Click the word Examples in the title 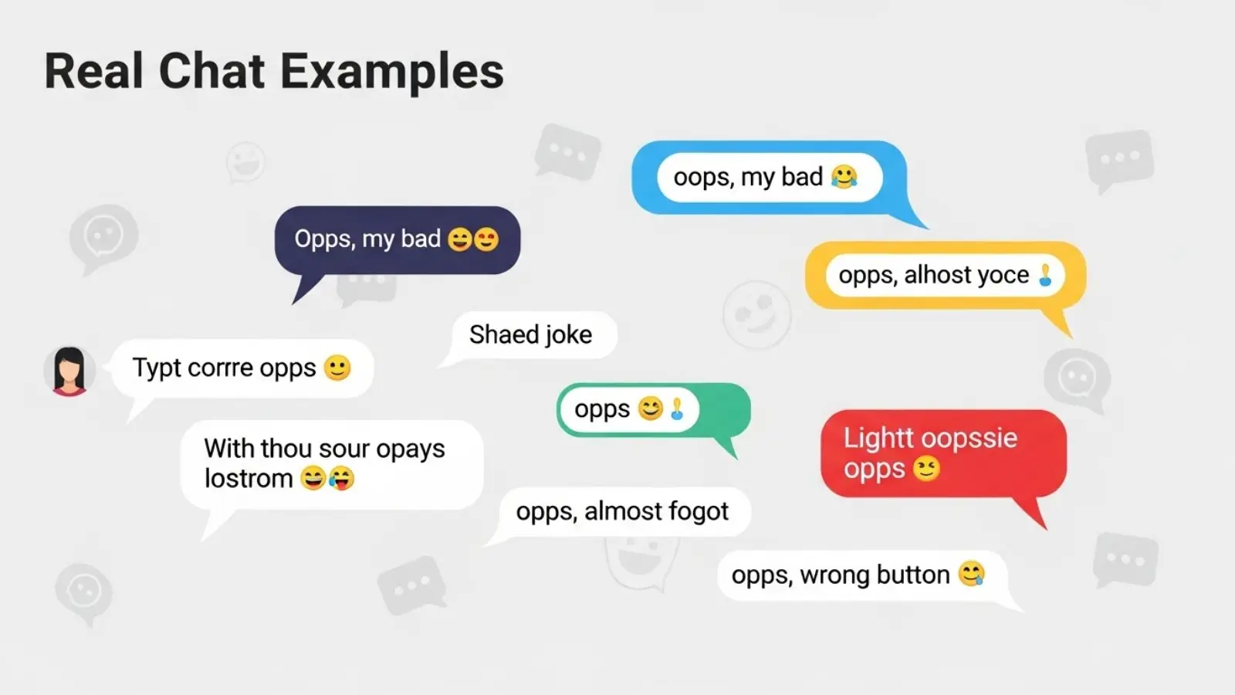coord(391,72)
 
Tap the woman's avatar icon coord(69,371)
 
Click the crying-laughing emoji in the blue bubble coord(844,177)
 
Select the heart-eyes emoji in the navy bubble coord(486,239)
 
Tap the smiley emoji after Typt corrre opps coord(337,368)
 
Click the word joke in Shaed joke coord(568,334)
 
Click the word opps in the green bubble coord(602,409)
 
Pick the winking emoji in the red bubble coord(926,469)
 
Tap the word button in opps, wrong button coord(912,575)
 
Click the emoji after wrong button coord(972,574)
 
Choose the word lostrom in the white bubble coord(248,479)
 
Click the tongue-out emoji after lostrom coord(341,479)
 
